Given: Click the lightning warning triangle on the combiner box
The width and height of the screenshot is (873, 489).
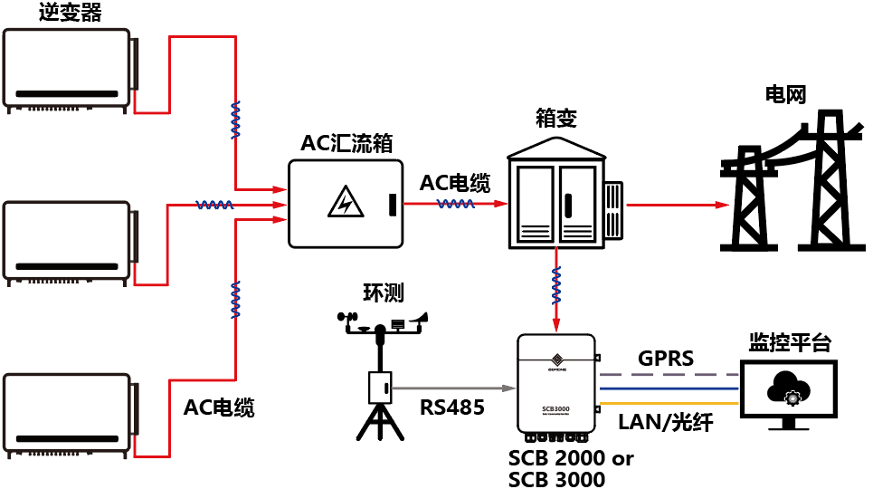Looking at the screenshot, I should (x=342, y=203).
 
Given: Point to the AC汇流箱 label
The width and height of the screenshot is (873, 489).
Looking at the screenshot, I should (x=346, y=144).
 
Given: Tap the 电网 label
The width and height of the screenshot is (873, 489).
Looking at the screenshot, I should (x=784, y=93).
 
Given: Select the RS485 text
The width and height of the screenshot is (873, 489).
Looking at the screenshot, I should (x=452, y=407).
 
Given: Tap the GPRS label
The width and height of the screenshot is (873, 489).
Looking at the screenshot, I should (x=665, y=359).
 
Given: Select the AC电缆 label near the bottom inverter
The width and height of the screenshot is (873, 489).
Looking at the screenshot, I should (x=219, y=407).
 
